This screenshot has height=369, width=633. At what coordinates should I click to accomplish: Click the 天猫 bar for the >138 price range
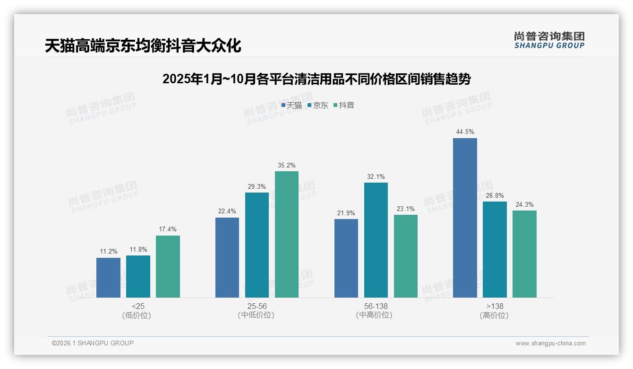pos(465,218)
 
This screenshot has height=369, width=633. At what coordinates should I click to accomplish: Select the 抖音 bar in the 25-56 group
pos(287,234)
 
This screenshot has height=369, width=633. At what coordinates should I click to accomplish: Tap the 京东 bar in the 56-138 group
pos(376,240)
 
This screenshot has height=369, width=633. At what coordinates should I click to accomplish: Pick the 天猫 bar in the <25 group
pos(108,277)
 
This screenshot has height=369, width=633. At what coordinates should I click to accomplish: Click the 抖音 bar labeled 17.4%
pos(168,266)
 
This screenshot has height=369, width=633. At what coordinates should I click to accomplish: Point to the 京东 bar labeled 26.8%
pos(495,249)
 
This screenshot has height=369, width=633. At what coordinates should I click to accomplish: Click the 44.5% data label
pos(465,132)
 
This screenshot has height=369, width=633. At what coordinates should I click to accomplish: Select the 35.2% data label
pos(287,165)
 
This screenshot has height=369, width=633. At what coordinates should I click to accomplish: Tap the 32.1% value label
pos(376,176)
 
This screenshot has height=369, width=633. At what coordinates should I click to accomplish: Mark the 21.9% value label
pos(346,213)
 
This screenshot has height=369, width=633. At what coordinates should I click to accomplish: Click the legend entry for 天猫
pos(291,105)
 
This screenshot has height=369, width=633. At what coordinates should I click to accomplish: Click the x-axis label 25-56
pos(257,306)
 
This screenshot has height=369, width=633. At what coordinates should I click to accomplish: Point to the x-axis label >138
pos(494,306)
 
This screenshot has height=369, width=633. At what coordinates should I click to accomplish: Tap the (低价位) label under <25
pos(137,315)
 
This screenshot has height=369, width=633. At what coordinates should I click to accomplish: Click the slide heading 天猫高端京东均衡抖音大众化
pos(143,46)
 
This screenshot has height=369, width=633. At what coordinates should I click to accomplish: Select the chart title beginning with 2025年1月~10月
pos(316,79)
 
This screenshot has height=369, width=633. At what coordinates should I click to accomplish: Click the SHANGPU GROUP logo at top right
pos(549,40)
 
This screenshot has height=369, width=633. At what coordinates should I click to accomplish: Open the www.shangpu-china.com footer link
pos(550,343)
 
